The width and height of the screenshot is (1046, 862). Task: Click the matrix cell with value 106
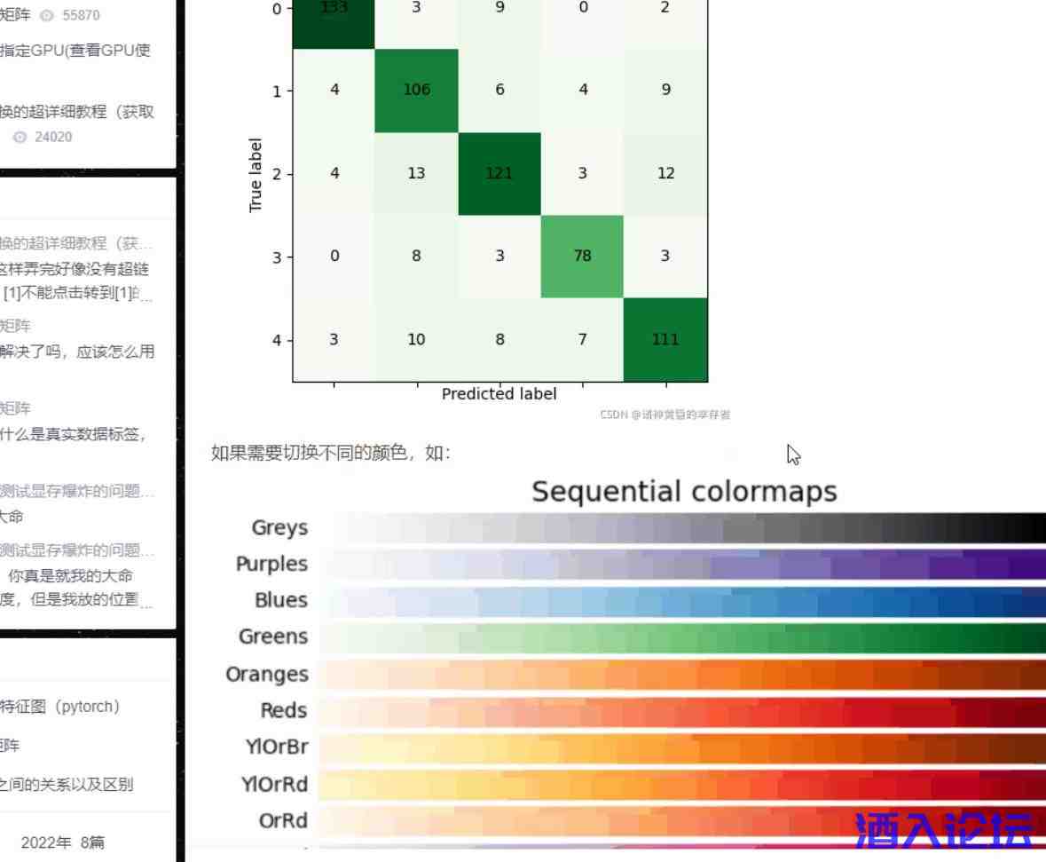coord(416,90)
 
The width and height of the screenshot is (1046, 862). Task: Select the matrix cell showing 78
coord(582,256)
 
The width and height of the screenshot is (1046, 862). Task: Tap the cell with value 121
coord(499,173)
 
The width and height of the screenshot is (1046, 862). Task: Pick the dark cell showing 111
coord(665,339)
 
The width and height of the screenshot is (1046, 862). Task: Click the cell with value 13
coord(416,173)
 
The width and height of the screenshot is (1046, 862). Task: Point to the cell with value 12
coord(665,173)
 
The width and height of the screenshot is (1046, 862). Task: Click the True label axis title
coord(256,175)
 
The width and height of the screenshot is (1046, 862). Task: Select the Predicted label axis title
coord(499,394)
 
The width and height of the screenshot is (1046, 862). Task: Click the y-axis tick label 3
coord(277,257)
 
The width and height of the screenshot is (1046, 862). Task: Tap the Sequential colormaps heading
coord(684,492)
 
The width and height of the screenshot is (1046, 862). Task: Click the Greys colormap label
coord(279,528)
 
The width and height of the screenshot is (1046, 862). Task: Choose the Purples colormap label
coord(271,565)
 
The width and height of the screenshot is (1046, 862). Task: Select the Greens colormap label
coord(273,637)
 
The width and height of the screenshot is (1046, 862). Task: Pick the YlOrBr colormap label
coord(276,747)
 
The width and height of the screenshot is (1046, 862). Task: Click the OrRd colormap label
coord(283,821)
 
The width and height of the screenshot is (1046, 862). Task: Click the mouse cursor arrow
coord(793,455)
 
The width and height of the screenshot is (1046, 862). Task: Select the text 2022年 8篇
coord(62,842)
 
